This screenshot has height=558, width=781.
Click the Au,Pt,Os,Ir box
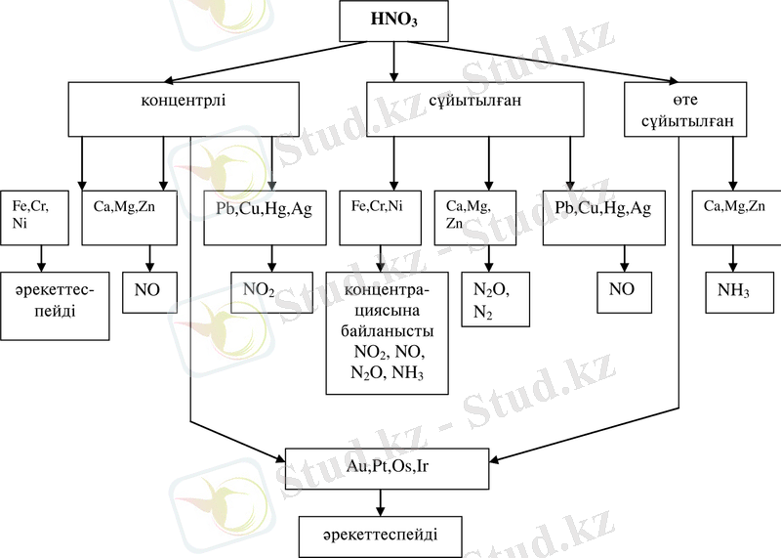pos(388,467)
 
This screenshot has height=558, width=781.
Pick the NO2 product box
pos(260,289)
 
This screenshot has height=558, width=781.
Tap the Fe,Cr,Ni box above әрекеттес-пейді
pos(34,216)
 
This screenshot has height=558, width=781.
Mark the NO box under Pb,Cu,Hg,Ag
pos(622,289)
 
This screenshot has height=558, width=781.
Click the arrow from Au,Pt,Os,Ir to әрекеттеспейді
pos(381,502)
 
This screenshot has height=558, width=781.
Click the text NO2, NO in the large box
pos(388,351)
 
